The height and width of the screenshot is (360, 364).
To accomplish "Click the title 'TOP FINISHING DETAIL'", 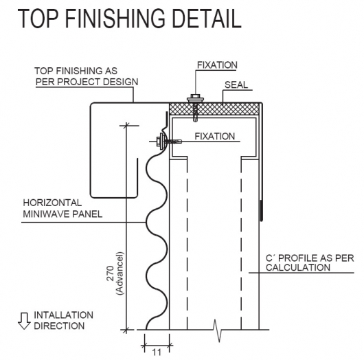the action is [x=130, y=19].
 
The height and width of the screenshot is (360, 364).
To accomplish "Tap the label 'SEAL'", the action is [x=236, y=85].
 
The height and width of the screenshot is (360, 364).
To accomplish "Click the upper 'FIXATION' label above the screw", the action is [x=217, y=65].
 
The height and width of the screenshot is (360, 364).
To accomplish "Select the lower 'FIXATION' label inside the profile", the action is [x=215, y=136].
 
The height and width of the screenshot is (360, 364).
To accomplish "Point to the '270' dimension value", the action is [x=111, y=273].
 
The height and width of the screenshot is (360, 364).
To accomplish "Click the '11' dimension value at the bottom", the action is [x=157, y=352].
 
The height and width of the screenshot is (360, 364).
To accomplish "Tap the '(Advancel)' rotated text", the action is [x=120, y=273].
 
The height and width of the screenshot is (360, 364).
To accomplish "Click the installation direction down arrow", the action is [x=24, y=321].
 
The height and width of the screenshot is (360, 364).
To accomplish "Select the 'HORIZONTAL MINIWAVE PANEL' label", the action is [x=62, y=208].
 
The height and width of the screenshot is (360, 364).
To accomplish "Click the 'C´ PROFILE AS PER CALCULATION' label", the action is [x=310, y=262].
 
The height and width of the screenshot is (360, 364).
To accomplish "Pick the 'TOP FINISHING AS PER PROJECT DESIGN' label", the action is [x=87, y=76].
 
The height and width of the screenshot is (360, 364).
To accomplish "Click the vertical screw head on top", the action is [x=196, y=98].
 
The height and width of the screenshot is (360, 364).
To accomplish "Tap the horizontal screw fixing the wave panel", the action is [x=168, y=141].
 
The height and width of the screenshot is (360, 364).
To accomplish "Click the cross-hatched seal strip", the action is [x=214, y=109].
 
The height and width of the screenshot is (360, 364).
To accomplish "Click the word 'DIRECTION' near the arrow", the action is [x=59, y=326].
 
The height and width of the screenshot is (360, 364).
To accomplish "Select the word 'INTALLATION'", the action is [x=63, y=315].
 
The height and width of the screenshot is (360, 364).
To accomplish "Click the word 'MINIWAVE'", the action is [x=47, y=214].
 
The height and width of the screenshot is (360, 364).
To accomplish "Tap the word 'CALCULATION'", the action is [x=298, y=267].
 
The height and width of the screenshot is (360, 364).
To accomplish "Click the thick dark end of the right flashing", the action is [x=262, y=210].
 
